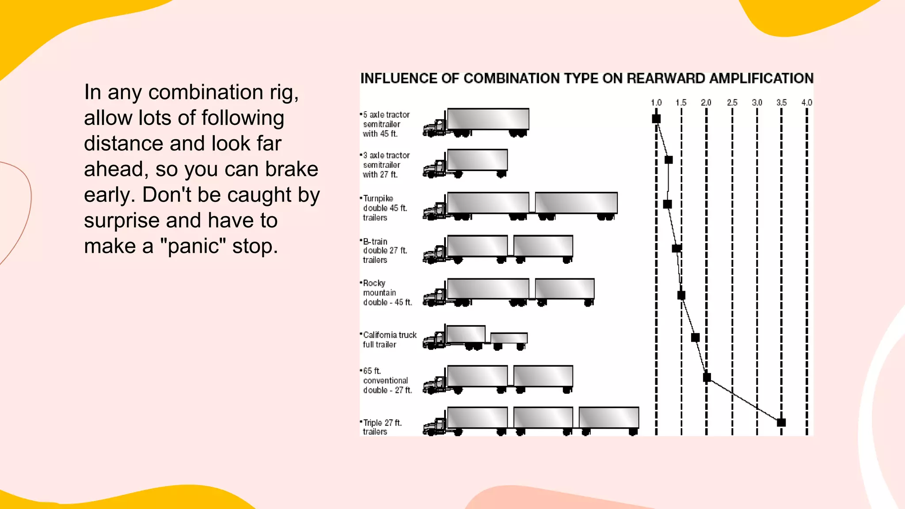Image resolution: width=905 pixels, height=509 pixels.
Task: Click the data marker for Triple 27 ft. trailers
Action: [x=781, y=422]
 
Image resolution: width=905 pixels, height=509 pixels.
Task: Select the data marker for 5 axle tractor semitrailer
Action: [x=656, y=119]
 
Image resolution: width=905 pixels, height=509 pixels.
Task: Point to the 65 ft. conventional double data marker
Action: [x=707, y=377]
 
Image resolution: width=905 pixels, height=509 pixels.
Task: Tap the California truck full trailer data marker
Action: [x=695, y=338]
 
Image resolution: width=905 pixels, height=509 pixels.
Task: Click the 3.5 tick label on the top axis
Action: [x=781, y=103]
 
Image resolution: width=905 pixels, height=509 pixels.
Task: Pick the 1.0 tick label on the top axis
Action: [x=656, y=103]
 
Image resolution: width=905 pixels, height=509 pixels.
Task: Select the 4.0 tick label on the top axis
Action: [x=806, y=103]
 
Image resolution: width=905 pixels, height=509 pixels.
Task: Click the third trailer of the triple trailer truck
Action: [x=608, y=418]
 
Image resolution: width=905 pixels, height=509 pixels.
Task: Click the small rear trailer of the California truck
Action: [x=509, y=338]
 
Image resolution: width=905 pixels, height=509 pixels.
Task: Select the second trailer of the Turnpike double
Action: [x=576, y=203]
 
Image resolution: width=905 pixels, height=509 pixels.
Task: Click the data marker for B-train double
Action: [x=676, y=248]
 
